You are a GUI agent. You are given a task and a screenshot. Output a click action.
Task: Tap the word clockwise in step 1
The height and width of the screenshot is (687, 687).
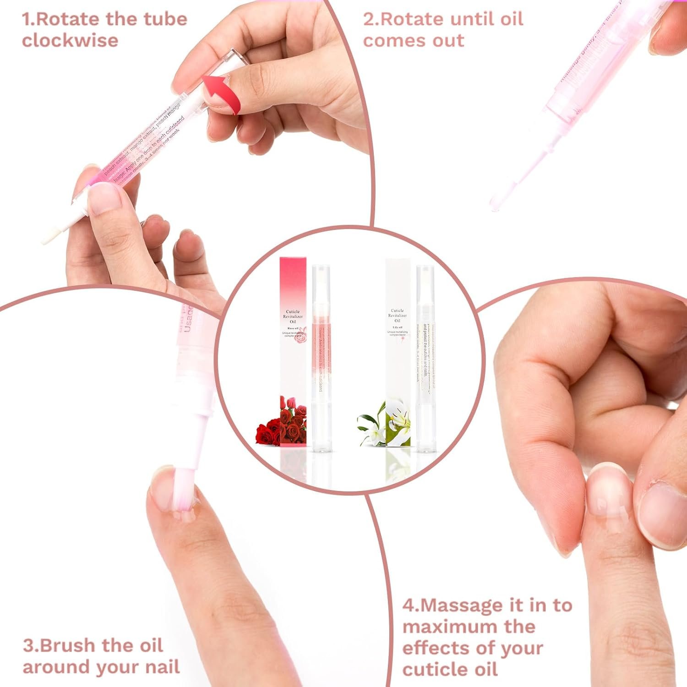pos(70,40)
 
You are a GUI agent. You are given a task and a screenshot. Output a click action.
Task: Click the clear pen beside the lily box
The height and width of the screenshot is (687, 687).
pos(425,357)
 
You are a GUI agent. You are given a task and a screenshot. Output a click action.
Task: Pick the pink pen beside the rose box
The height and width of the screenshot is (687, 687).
pos(321,357)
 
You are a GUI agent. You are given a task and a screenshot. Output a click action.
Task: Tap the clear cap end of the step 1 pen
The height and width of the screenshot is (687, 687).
pos(234,60)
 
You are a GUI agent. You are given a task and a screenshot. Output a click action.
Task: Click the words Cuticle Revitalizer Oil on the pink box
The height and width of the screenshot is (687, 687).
pos(293,316)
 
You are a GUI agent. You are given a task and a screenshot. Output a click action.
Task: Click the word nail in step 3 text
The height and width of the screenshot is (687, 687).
pos(162,667)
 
